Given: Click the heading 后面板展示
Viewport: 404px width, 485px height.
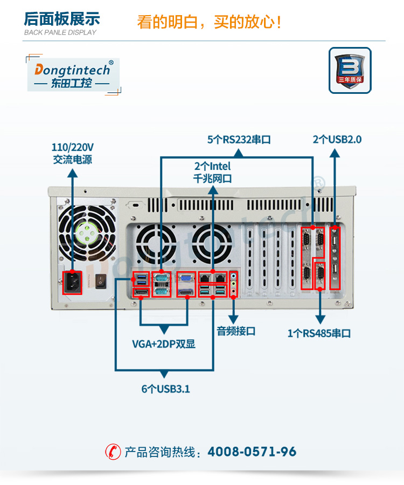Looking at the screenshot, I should click(62, 18).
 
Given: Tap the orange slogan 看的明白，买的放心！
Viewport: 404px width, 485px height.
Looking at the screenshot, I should click(210, 22).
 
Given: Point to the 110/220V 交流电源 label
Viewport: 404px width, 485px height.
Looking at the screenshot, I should click(72, 153).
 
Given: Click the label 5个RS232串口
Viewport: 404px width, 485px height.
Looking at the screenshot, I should click(239, 140).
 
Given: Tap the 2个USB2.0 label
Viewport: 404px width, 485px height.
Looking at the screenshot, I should click(337, 140).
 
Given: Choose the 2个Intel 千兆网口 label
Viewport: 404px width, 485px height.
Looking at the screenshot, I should click(213, 172).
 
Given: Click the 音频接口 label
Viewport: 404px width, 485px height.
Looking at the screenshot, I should click(236, 331).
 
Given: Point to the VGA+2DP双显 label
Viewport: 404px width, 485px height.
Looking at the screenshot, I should click(164, 344).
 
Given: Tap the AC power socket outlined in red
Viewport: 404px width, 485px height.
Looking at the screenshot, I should click(72, 281).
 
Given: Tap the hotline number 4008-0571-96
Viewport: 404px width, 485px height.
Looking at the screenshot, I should click(252, 452).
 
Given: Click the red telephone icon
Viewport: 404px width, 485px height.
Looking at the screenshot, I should click(113, 452).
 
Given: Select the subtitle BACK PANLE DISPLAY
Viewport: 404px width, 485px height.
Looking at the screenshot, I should click(60, 32).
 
